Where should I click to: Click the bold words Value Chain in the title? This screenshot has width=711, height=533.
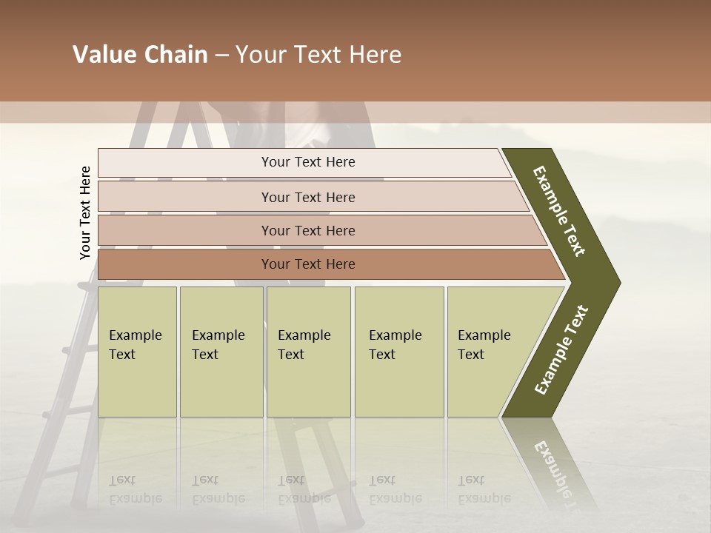[x=141, y=55]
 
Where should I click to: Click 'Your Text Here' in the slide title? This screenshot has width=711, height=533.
[x=318, y=55]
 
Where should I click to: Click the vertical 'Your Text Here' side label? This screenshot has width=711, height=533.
[x=85, y=212]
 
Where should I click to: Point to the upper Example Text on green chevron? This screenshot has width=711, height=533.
[x=559, y=211]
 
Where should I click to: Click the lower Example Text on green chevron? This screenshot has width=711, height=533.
[x=561, y=349]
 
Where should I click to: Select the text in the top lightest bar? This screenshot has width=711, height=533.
[x=308, y=162]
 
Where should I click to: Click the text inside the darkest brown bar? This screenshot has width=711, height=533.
[x=308, y=264]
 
